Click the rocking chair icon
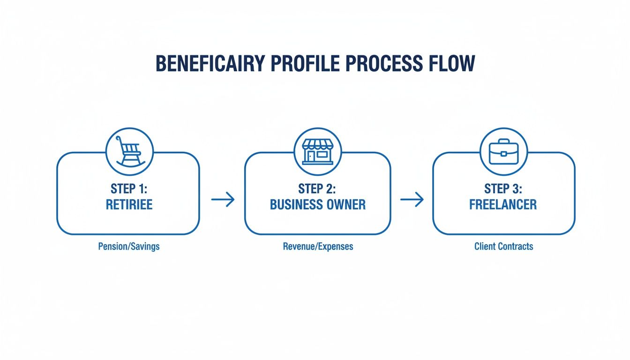(x=130, y=151)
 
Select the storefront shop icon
(x=318, y=151)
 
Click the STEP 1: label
(x=129, y=189)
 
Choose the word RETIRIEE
(x=129, y=205)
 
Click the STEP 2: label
(x=317, y=189)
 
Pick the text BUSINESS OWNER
(x=317, y=205)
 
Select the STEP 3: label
(x=503, y=189)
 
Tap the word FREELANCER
(x=503, y=205)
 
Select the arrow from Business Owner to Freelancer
(x=412, y=200)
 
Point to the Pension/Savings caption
(x=129, y=246)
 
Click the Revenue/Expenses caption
(x=318, y=246)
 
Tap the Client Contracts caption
(x=503, y=246)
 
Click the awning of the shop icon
(x=318, y=143)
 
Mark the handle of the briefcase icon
(x=503, y=141)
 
